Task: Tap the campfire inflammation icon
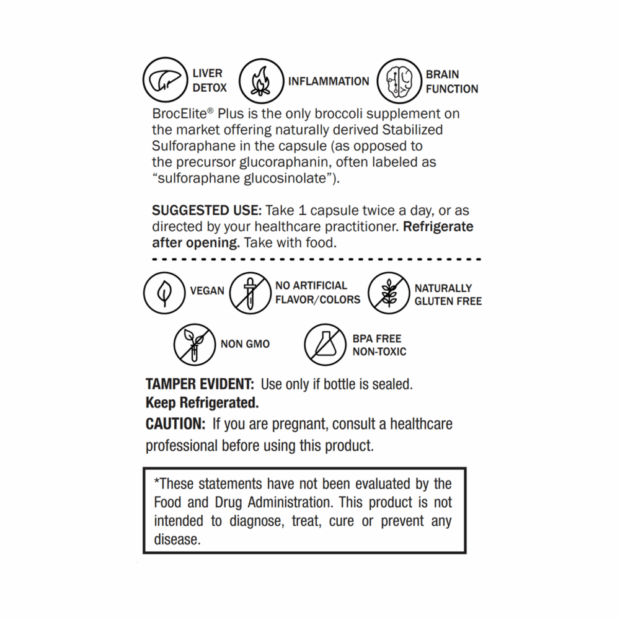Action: click(x=260, y=82)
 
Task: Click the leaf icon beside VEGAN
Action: click(x=164, y=293)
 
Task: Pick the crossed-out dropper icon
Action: click(x=250, y=293)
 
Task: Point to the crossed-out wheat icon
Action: click(x=389, y=293)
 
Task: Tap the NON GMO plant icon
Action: click(x=194, y=345)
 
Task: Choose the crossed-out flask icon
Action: click(x=325, y=345)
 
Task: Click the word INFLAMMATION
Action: click(x=329, y=81)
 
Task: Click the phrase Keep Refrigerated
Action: click(x=201, y=403)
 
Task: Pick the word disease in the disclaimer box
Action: click(x=177, y=540)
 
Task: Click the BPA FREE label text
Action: click(x=377, y=339)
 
